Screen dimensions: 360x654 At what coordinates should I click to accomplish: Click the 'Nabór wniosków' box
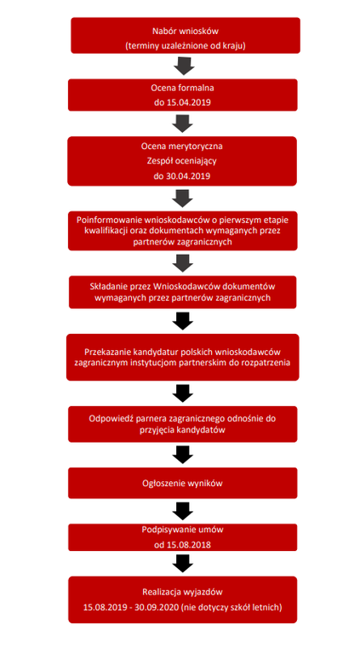[186, 36]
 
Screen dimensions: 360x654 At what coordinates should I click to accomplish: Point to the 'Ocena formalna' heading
[182, 89]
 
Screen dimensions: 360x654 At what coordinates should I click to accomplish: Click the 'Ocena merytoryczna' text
[182, 146]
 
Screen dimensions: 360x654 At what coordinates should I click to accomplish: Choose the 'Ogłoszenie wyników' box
[183, 483]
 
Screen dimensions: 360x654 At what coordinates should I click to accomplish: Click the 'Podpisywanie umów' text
[182, 530]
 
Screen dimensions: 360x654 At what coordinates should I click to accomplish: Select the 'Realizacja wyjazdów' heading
[182, 592]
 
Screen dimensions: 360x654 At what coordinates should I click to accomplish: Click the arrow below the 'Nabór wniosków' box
[184, 66]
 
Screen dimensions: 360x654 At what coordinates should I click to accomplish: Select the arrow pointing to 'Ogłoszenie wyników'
[183, 454]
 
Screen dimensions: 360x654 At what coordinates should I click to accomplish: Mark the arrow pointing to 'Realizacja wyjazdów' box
[183, 563]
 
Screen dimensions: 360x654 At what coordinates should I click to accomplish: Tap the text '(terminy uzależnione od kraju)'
[186, 46]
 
